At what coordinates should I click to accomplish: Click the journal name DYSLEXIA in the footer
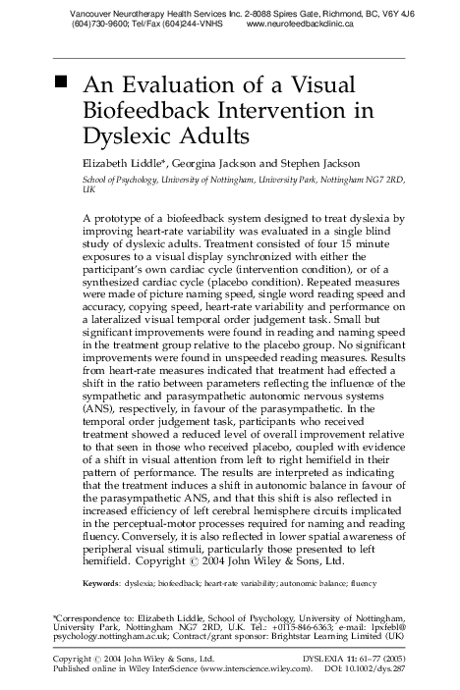click(330, 658)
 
